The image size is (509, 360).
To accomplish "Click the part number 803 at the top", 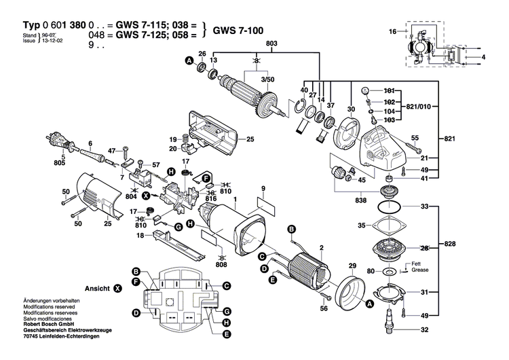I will tap(254, 44).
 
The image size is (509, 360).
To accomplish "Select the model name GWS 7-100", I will tap(238, 31).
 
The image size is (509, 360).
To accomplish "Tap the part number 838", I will tap(361, 201).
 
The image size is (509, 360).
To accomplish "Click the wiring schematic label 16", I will tap(392, 32).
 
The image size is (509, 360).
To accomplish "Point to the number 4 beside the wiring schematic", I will tap(483, 58).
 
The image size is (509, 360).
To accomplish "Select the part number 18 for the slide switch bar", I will tap(140, 235).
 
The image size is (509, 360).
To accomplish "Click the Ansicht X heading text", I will tap(99, 288).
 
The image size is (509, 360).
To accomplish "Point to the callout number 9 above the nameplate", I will tap(263, 187).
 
